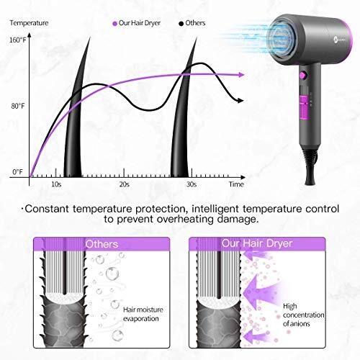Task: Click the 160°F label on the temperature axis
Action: [17, 40]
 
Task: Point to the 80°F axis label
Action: [18, 106]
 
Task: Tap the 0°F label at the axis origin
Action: [17, 172]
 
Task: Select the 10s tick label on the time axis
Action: [56, 184]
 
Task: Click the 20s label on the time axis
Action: [125, 184]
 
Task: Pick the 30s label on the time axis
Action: [192, 184]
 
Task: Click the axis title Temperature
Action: [29, 23]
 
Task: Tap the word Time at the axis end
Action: [236, 184]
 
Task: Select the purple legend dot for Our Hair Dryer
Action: [115, 24]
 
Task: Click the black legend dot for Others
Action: [181, 24]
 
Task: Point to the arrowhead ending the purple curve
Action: [241, 75]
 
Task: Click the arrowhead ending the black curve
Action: [240, 101]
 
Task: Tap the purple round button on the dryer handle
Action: [303, 75]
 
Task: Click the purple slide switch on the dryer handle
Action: [304, 107]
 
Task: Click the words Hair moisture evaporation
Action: [143, 314]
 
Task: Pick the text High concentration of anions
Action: [304, 315]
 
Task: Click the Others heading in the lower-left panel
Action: [102, 244]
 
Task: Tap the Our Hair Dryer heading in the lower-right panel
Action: [257, 243]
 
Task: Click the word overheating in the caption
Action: [185, 219]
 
